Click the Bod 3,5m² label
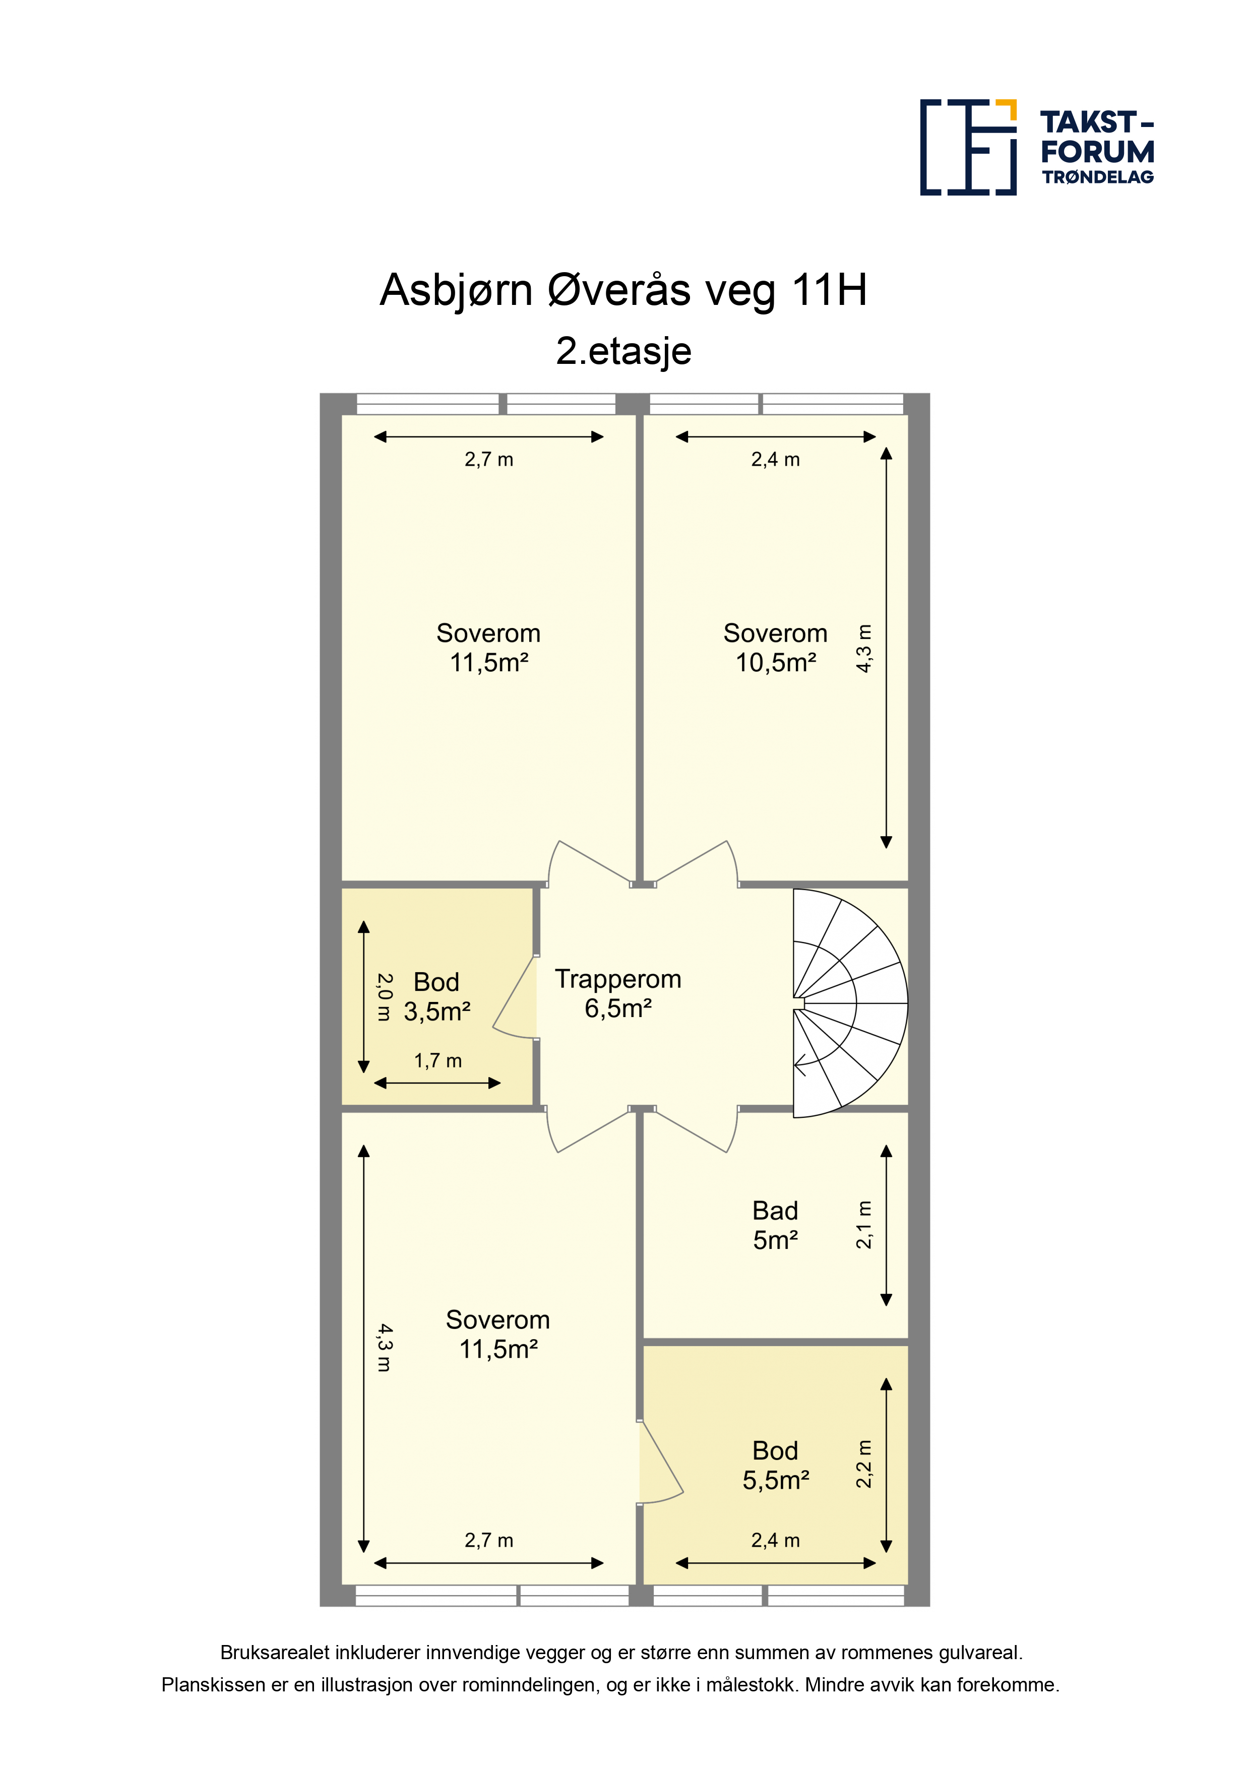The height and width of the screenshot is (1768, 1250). pyautogui.click(x=436, y=996)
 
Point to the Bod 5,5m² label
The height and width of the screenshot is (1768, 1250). pyautogui.click(x=776, y=1466)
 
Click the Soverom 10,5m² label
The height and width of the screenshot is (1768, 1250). pyautogui.click(x=776, y=648)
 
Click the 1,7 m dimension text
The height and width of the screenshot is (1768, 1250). pyautogui.click(x=437, y=1061)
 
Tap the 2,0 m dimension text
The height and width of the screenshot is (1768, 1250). pyautogui.click(x=384, y=997)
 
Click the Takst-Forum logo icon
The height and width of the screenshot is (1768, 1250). pyautogui.click(x=968, y=147)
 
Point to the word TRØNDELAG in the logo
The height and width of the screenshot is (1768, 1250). pyautogui.click(x=1097, y=177)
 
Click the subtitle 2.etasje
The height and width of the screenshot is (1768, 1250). pyautogui.click(x=624, y=351)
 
